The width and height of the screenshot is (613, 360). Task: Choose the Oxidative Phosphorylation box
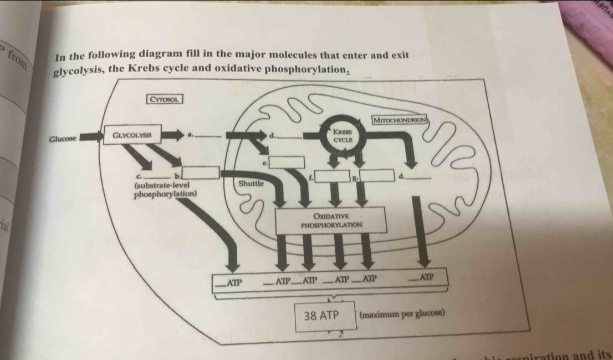pos(331,220)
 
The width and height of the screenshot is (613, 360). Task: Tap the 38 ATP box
pos(325,317)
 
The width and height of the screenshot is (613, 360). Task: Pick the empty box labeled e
pos(287,163)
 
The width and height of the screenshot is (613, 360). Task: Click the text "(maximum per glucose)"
pos(402,313)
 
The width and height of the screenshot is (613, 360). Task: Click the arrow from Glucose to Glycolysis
pos(91,138)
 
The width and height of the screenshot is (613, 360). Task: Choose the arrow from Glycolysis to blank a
pos(172,134)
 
